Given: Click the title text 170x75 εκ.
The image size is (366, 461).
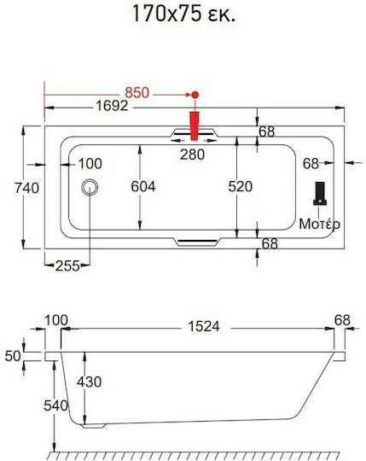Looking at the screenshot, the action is coord(184,14).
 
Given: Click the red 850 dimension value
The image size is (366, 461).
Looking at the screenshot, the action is coord(137,93).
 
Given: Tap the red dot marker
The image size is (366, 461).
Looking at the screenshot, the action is coord(195,95).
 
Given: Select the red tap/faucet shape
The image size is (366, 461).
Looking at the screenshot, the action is coord(195,125).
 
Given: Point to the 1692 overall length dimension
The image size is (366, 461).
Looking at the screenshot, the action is coord(113,106).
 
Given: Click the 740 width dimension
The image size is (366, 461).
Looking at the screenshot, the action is coord(26,188).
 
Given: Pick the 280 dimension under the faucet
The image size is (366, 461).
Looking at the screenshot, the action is coord(193,155).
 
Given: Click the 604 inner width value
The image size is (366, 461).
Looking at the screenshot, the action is coord(143,187).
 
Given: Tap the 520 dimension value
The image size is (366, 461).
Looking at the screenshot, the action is coord(241,187).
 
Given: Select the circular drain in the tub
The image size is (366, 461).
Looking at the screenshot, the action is coord(90,187).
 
